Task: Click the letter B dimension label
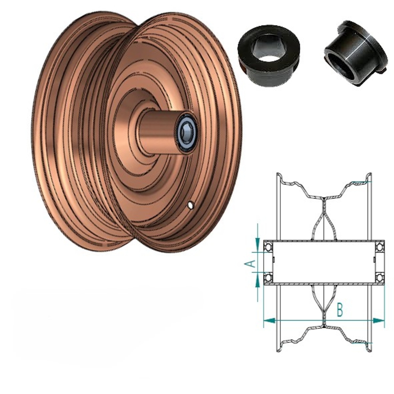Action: coord(340,310)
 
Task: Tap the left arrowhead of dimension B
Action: coord(268,321)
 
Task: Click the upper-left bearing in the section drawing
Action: coord(268,247)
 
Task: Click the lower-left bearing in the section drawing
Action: coord(268,277)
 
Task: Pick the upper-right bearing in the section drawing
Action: coord(380,247)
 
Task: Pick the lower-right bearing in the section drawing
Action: coord(380,277)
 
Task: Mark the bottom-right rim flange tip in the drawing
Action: coord(369,350)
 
